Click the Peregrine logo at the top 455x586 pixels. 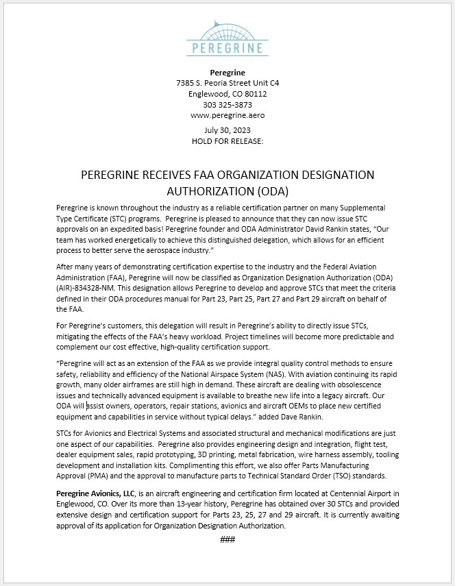click(x=227, y=38)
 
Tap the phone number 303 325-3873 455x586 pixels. click(x=227, y=105)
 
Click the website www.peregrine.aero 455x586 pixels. click(x=227, y=116)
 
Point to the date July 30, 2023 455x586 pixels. click(x=227, y=130)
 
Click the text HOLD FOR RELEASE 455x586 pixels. click(x=227, y=141)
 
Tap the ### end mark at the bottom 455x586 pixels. click(x=227, y=539)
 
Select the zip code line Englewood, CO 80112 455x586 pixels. click(x=227, y=94)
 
